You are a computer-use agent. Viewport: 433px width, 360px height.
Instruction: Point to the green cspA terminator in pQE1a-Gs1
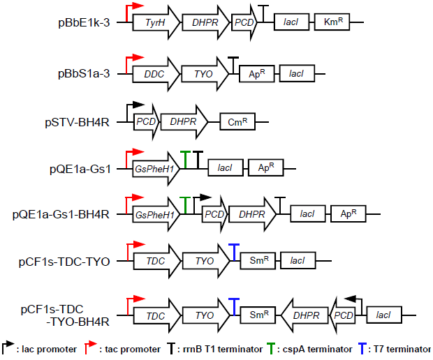(186, 159)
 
